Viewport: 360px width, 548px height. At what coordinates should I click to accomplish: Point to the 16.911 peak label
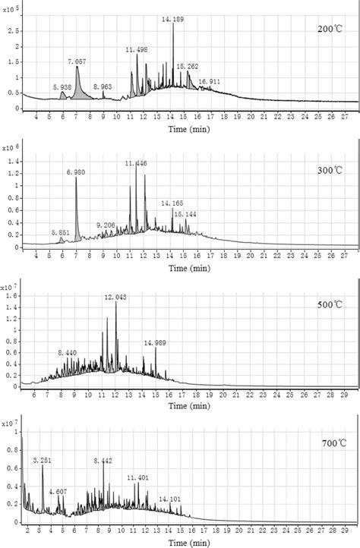pyautogui.click(x=210, y=80)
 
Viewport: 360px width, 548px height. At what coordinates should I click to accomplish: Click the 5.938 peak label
pyautogui.click(x=63, y=87)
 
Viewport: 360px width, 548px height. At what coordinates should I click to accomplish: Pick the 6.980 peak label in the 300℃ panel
pyautogui.click(x=76, y=172)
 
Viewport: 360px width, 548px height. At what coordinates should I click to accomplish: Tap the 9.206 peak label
pyautogui.click(x=106, y=225)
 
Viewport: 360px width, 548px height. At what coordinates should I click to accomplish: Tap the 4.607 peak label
pyautogui.click(x=59, y=492)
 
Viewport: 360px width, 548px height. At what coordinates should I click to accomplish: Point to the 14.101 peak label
pyautogui.click(x=169, y=499)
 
